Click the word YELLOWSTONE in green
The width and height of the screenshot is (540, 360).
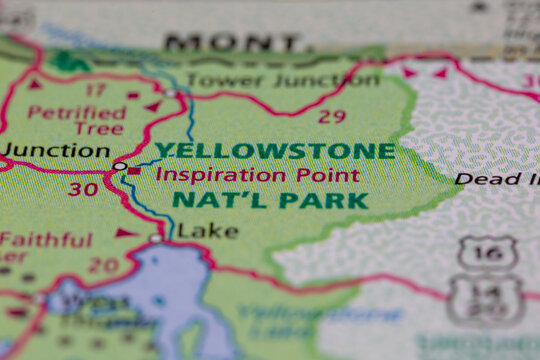(x=275, y=152)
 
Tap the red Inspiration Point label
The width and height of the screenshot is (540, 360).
(x=257, y=175)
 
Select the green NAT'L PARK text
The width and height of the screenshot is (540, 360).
(x=270, y=200)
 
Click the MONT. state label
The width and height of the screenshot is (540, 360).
(x=232, y=43)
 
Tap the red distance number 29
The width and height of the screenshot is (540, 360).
(x=332, y=116)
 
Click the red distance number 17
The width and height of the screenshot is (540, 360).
(x=94, y=91)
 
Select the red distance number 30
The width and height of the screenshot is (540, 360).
(x=84, y=187)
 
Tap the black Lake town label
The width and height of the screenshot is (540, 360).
(x=208, y=232)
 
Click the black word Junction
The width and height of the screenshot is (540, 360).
(x=55, y=151)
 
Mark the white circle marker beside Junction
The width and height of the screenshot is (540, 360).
(x=120, y=166)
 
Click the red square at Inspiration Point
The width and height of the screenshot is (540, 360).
(x=135, y=171)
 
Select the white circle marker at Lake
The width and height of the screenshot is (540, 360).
(x=156, y=238)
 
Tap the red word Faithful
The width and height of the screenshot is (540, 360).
(x=46, y=240)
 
